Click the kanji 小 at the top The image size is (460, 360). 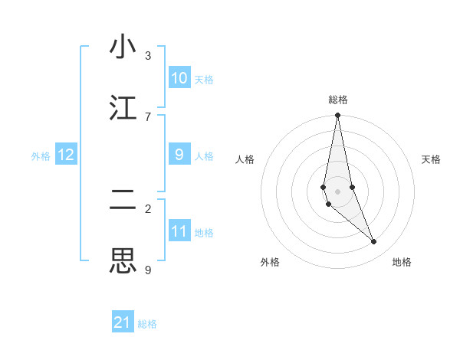pos(123,47)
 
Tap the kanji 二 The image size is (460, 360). pos(123,201)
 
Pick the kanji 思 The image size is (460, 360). pos(123,261)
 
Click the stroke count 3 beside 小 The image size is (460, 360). pos(147,56)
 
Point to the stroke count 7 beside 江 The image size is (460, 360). pos(147,116)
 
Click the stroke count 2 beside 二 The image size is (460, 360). pos(147,208)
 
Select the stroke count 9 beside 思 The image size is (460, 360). pos(147,270)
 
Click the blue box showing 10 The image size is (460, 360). pos(179,78)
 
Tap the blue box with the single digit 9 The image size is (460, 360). pos(179,154)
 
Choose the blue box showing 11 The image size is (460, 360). pos(179,231)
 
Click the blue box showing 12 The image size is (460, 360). pos(66,155)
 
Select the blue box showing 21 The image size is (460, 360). pos(123,322)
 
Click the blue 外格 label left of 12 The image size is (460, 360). pos(41,156)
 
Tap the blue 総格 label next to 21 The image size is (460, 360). pos(147,324)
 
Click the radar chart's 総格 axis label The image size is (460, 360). pos(337,100)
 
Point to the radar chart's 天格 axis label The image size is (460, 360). pos(431,159)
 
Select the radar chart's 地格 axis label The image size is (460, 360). pos(402,262)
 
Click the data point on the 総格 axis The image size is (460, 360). pos(337,116)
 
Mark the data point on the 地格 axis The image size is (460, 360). pos(374,242)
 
